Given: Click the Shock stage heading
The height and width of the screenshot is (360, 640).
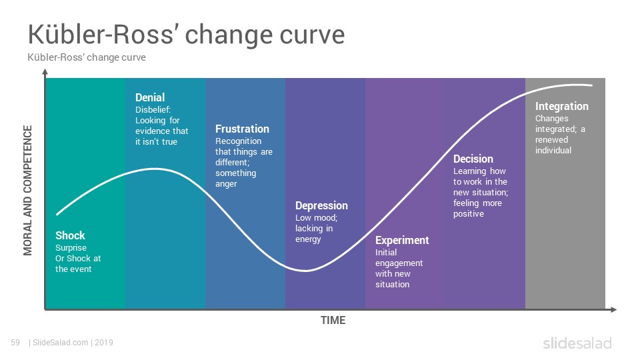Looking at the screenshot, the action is coord(70,235).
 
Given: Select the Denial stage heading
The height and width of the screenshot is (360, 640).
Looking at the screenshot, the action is coord(150,97).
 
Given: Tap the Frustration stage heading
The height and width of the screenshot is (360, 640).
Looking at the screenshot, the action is coord(242,129).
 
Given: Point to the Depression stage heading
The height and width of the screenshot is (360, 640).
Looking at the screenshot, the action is coord(321,206).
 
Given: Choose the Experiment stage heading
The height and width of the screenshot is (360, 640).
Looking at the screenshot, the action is coord(402,241).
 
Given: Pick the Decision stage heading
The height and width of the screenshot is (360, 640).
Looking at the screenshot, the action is coord(473,159).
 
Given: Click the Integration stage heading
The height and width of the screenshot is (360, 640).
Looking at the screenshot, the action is coord(561,107).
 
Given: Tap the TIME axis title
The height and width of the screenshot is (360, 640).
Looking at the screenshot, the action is coord(333,321).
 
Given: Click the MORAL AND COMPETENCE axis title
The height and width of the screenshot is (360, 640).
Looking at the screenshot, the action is coord(28,190).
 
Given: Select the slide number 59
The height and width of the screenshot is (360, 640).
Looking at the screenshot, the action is coord(15,343).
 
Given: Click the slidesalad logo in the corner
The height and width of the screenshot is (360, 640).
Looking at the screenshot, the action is coord(577,343).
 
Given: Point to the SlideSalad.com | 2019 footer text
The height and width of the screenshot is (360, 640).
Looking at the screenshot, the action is coord(71,343).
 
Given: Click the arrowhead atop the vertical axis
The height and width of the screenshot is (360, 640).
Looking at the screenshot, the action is coord(45,72).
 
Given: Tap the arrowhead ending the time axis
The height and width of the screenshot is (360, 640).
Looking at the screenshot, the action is coord(613,310).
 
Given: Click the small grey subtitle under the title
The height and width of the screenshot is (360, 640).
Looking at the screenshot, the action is coord(87,57).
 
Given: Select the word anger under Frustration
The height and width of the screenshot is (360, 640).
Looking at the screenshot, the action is coord(226,184).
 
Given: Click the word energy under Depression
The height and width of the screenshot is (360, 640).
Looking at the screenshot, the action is coord(308,239).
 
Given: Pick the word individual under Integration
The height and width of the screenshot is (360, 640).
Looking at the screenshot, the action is coord(553,150).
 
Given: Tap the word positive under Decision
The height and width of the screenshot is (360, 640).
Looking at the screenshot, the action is coord(469,214).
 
